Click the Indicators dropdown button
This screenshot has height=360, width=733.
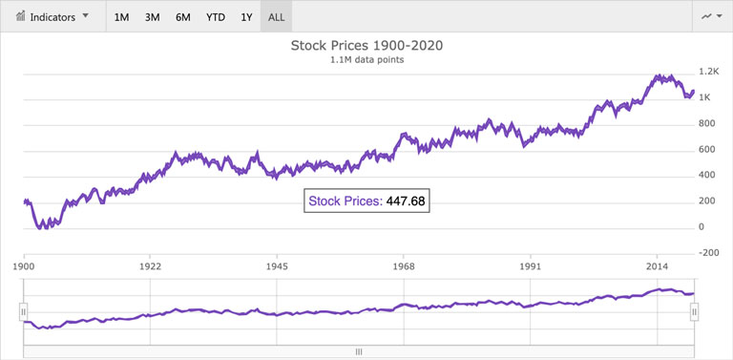click(52, 16)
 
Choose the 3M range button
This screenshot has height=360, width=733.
click(153, 17)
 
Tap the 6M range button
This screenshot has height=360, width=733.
click(183, 17)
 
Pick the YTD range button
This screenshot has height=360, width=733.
click(216, 17)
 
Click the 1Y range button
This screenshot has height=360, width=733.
click(247, 17)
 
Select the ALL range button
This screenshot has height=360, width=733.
click(277, 17)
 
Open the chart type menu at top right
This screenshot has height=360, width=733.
click(711, 16)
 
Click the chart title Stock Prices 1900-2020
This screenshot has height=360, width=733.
click(366, 45)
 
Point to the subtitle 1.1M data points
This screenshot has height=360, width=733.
click(366, 60)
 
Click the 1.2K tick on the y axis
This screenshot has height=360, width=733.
click(708, 73)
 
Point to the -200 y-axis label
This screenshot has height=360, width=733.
click(708, 252)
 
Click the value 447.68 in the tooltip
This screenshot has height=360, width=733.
click(406, 201)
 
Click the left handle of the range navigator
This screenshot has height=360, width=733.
click(25, 310)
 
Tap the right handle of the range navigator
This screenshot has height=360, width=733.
click(695, 310)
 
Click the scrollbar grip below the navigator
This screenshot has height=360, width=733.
click(359, 351)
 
